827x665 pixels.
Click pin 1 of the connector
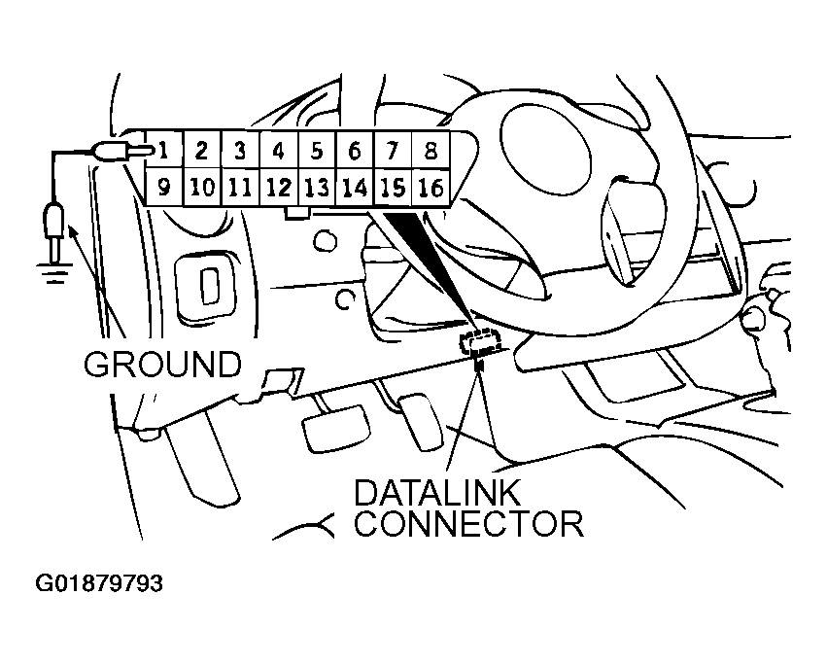166,152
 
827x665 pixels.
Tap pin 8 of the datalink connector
431,152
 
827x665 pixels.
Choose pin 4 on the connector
278,152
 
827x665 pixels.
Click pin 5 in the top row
316,152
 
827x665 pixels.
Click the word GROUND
161,364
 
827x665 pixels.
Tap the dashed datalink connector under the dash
481,339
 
